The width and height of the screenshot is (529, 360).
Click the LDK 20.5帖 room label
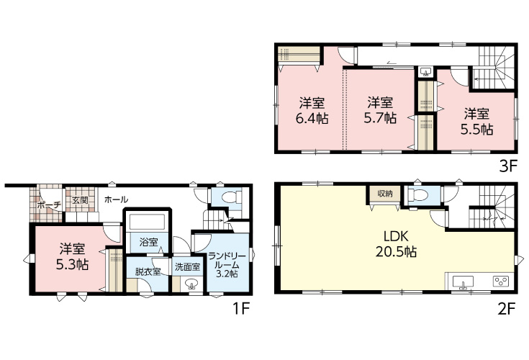pyautogui.click(x=396, y=244)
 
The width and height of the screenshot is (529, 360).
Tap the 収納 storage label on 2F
pyautogui.click(x=385, y=194)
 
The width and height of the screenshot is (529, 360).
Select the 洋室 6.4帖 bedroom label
pyautogui.click(x=312, y=111)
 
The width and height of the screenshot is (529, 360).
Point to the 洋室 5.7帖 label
pyautogui.click(x=380, y=110)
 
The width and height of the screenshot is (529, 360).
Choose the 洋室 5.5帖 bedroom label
pyautogui.click(x=476, y=122)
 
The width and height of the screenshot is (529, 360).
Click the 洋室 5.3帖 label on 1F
pyautogui.click(x=73, y=257)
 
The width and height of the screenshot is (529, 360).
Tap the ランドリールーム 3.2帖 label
pyautogui.click(x=227, y=264)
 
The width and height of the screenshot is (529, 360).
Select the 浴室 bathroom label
pyautogui.click(x=149, y=242)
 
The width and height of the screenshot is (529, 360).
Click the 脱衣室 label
pyautogui.click(x=148, y=271)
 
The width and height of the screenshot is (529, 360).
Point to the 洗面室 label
pyautogui.click(x=188, y=267)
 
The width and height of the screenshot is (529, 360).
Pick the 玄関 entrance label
pyautogui.click(x=80, y=200)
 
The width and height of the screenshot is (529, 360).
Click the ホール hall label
pyautogui.click(x=116, y=199)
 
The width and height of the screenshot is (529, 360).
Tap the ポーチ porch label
pyautogui.click(x=49, y=204)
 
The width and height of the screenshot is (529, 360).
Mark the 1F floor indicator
pyautogui.click(x=241, y=308)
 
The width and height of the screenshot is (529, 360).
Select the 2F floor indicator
pyautogui.click(x=507, y=308)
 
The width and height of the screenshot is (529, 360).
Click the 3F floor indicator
pyautogui.click(x=508, y=166)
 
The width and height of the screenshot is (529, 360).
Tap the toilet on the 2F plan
pyautogui.click(x=417, y=195)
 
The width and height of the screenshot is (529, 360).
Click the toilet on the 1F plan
pyautogui.click(x=232, y=197)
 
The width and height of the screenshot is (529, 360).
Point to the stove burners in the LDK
pyautogui.click(x=501, y=282)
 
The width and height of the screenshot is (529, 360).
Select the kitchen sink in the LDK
pyautogui.click(x=463, y=282)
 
